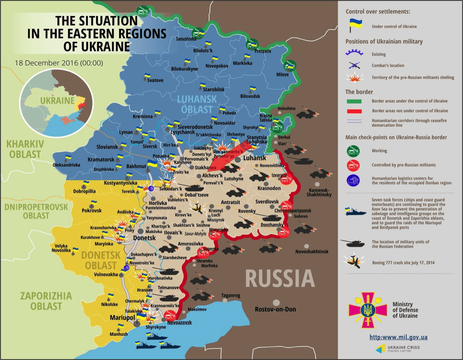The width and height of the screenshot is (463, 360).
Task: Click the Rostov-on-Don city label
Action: click(275, 309)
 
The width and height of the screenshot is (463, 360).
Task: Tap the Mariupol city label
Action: click(123, 318)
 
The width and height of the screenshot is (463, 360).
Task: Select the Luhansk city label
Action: click(255, 158)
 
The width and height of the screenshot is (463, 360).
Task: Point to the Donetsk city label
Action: click(144, 238)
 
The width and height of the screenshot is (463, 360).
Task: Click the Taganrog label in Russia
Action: click(230, 296)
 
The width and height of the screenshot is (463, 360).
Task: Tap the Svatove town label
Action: click(155, 80)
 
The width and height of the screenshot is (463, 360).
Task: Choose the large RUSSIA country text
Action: click(280, 279)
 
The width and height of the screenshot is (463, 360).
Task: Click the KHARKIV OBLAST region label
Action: click(24, 149)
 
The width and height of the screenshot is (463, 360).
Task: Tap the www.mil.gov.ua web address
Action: click(398, 337)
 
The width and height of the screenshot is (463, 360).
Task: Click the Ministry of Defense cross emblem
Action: click(367, 310)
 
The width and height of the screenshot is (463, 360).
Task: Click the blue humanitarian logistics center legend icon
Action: click(353, 180)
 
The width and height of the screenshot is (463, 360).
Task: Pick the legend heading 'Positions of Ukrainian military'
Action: click(384, 41)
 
